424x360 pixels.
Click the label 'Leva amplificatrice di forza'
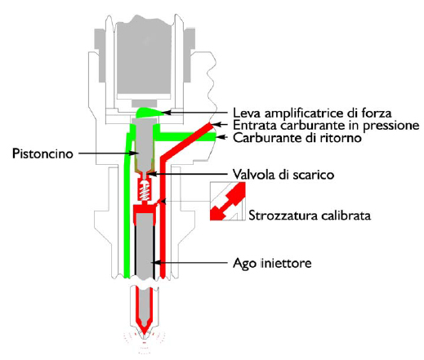pos(312,113)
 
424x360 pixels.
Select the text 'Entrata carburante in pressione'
pos(326,126)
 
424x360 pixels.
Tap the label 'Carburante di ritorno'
pos(297,138)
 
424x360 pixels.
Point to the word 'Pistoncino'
pos(42,154)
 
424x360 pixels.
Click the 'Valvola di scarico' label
pos(283,175)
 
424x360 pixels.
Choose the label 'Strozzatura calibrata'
pos(310,216)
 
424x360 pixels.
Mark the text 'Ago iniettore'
pos(272,263)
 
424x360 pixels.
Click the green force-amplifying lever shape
pos(149,113)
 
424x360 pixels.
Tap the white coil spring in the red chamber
pos(145,191)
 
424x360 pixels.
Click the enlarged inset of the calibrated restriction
pos(228,201)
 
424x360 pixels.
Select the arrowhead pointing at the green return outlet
pos(220,137)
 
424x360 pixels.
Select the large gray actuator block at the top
pos(145,57)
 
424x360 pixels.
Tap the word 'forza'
pos(377,113)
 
